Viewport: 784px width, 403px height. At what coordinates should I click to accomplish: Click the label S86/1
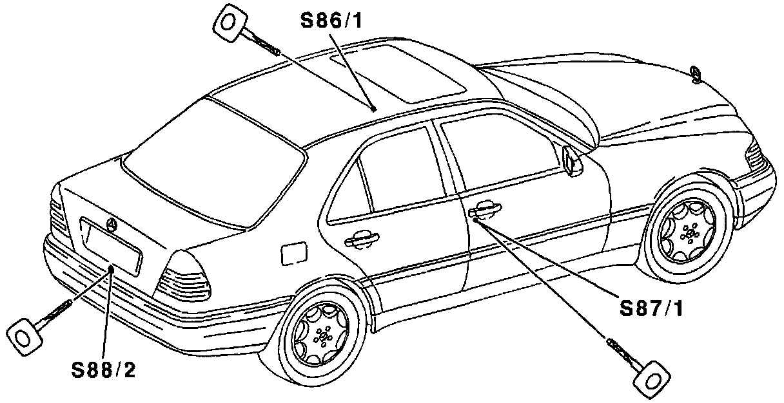[331, 21]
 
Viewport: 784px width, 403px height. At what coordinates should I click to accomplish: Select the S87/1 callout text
[651, 308]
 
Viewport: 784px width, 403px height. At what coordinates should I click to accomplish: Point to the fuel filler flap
[294, 252]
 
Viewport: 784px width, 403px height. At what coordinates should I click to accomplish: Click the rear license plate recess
[111, 247]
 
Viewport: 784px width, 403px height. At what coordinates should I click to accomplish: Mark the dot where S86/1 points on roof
[373, 109]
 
